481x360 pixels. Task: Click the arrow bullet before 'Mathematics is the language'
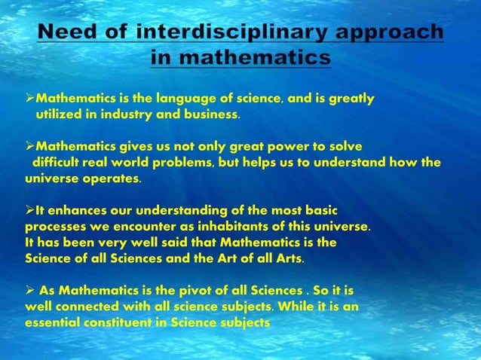30,99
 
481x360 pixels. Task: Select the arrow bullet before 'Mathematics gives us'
30,145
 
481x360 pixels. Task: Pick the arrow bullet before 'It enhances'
30,210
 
